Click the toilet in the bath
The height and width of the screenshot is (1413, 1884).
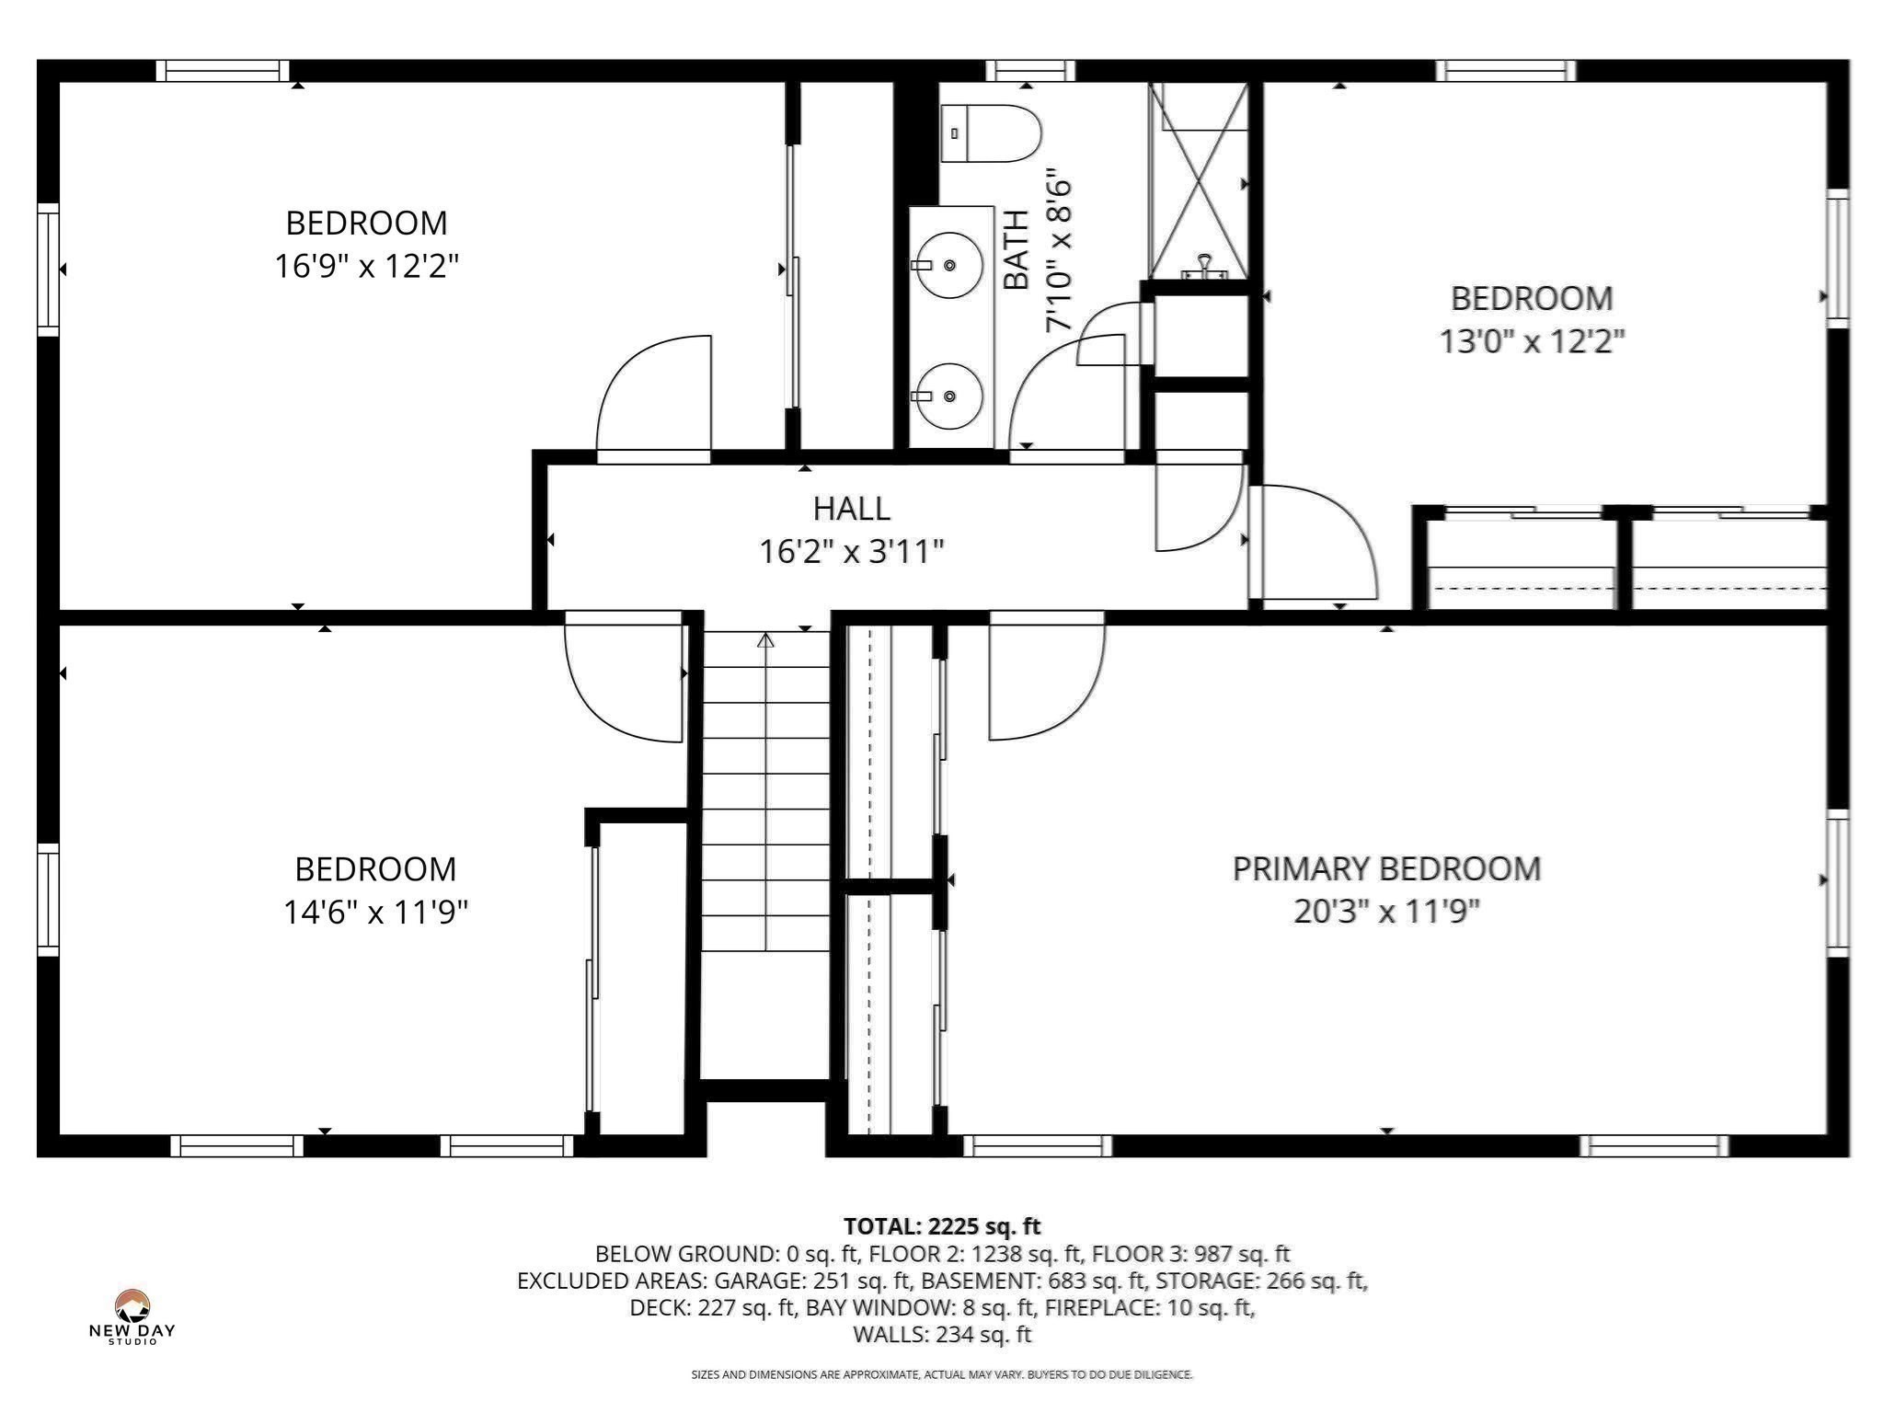tap(990, 133)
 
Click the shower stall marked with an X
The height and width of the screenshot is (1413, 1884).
tap(1197, 181)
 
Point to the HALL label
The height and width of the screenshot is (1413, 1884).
tap(851, 509)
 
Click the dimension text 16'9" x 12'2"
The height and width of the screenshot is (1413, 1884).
tap(366, 267)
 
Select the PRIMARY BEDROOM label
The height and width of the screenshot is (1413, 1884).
tap(1385, 869)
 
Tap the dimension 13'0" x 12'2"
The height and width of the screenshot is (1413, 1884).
tap(1531, 342)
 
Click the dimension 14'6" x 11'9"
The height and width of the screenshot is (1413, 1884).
tap(375, 913)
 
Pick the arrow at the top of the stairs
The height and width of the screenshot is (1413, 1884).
tap(765, 639)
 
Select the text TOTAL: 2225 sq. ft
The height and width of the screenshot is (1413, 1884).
tap(941, 1226)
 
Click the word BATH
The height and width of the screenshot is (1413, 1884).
tap(1016, 249)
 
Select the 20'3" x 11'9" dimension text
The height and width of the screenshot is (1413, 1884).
tap(1385, 913)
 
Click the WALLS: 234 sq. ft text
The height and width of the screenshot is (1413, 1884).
tap(941, 1334)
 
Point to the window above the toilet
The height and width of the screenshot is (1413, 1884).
tap(1029, 71)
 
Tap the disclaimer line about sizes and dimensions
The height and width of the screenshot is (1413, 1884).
tap(941, 1374)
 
